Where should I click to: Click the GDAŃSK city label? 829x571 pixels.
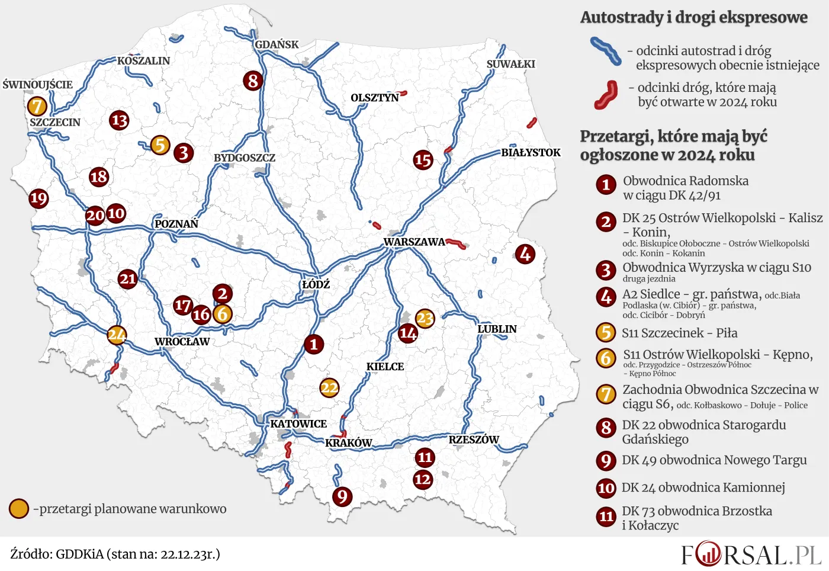277,44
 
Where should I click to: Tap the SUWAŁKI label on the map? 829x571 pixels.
510,64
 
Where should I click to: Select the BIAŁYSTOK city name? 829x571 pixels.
531,152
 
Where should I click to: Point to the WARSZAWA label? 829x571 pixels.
414,242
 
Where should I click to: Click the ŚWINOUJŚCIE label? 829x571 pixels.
37,85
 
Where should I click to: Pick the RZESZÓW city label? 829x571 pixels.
474,440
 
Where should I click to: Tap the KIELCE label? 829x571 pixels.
385,367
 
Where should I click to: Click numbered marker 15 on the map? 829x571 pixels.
423,159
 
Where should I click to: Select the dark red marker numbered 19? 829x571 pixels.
38,198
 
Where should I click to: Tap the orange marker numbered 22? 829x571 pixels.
329,388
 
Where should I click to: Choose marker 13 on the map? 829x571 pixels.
119,120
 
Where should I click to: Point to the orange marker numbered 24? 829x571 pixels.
117,335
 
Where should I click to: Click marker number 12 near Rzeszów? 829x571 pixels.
423,479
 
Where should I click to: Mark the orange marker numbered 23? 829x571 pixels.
425,319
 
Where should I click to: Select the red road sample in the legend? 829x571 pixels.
606,95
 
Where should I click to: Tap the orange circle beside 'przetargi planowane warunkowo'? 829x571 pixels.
19,508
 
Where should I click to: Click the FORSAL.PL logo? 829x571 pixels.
751,555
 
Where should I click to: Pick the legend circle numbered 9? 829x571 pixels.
606,461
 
